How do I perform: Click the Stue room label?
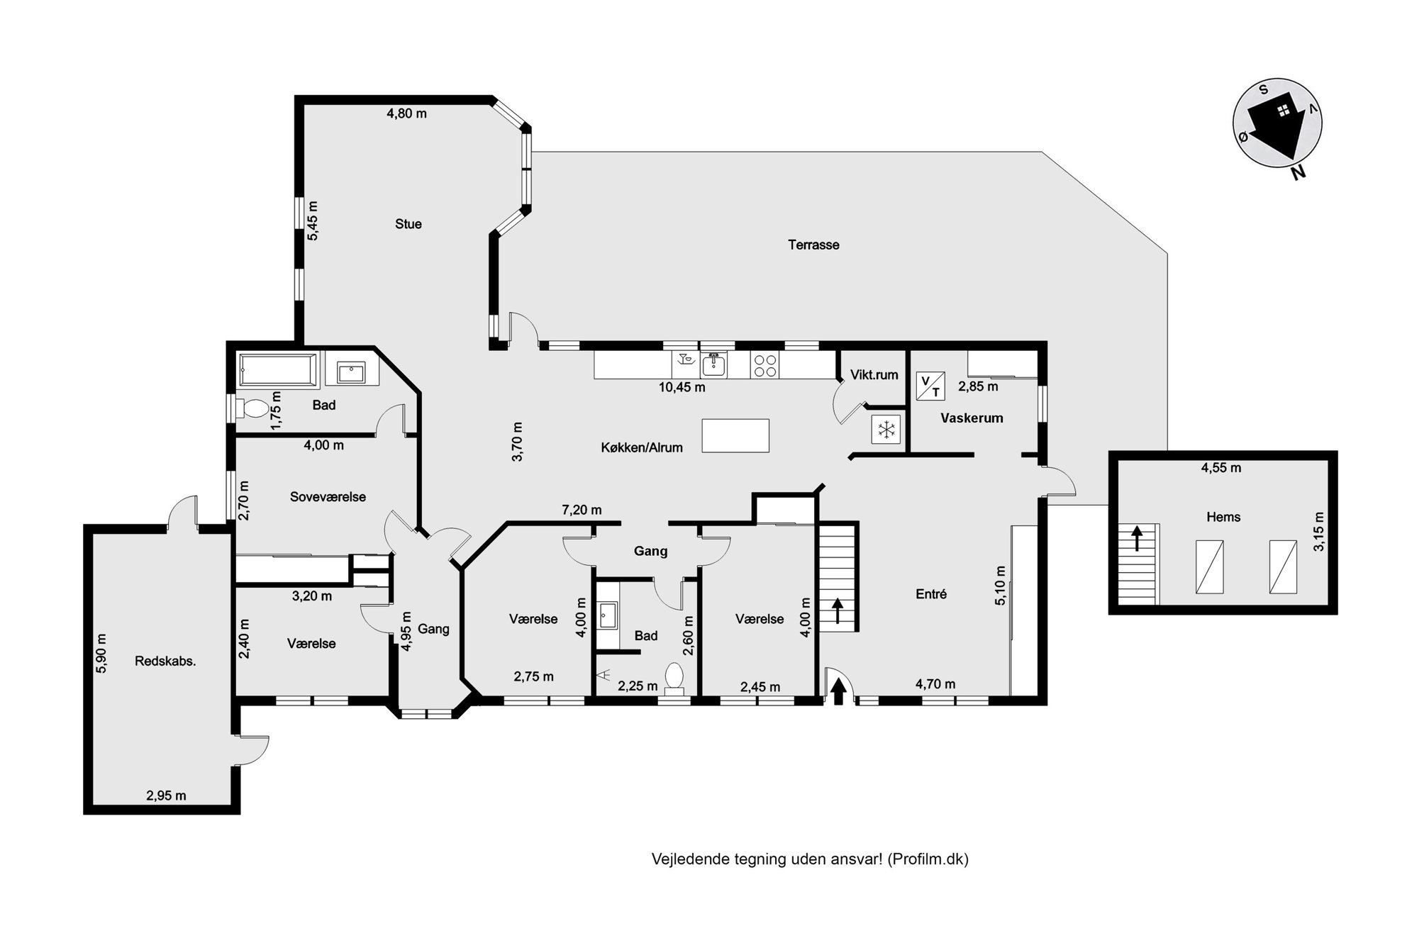(408, 224)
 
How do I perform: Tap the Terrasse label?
(813, 245)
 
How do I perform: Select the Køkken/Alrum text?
(642, 447)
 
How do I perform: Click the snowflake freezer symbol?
(886, 429)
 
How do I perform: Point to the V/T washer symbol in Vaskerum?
(930, 385)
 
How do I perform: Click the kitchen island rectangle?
(735, 435)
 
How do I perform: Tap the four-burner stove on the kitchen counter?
(764, 365)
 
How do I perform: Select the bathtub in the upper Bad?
(278, 369)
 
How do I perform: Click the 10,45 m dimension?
(682, 387)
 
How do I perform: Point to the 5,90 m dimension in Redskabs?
(101, 653)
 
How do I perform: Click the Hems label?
(1223, 517)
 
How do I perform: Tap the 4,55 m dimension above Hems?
(1221, 468)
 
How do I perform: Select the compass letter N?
(1298, 172)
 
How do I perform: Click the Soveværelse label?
(328, 497)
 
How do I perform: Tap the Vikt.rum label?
(874, 375)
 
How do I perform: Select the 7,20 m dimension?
(582, 510)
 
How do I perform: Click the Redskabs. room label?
(165, 661)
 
